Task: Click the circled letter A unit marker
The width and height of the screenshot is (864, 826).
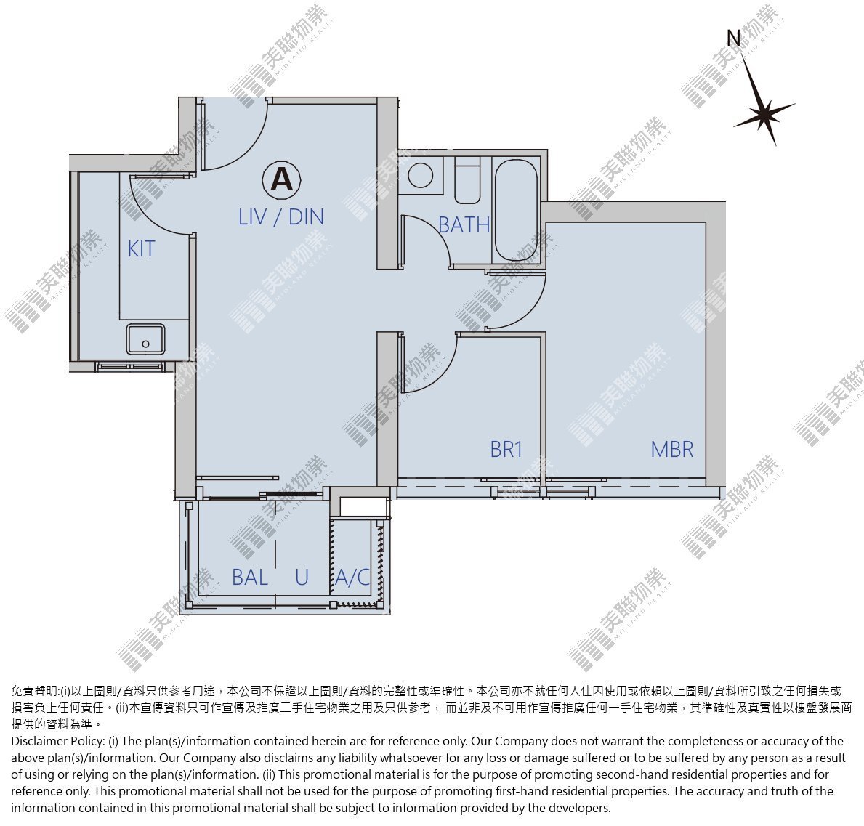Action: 281,179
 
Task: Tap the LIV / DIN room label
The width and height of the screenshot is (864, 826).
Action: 281,217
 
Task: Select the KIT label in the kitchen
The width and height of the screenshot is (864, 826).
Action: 141,249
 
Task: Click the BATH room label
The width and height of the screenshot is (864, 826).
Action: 464,224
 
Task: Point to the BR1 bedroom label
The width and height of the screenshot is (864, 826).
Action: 506,450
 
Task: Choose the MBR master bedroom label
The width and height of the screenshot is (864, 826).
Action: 671,450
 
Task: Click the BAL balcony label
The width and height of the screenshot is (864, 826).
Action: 250,578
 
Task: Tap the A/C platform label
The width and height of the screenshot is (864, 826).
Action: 352,578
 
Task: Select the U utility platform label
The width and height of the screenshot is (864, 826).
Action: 302,578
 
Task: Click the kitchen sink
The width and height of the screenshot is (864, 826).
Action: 145,339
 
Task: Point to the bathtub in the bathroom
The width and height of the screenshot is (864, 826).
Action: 516,210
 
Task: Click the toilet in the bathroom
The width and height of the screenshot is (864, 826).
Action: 467,180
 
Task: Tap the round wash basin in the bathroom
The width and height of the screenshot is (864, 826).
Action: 421,176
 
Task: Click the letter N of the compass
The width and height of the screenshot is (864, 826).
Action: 733,38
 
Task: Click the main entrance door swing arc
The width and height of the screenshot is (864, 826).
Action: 244,150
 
